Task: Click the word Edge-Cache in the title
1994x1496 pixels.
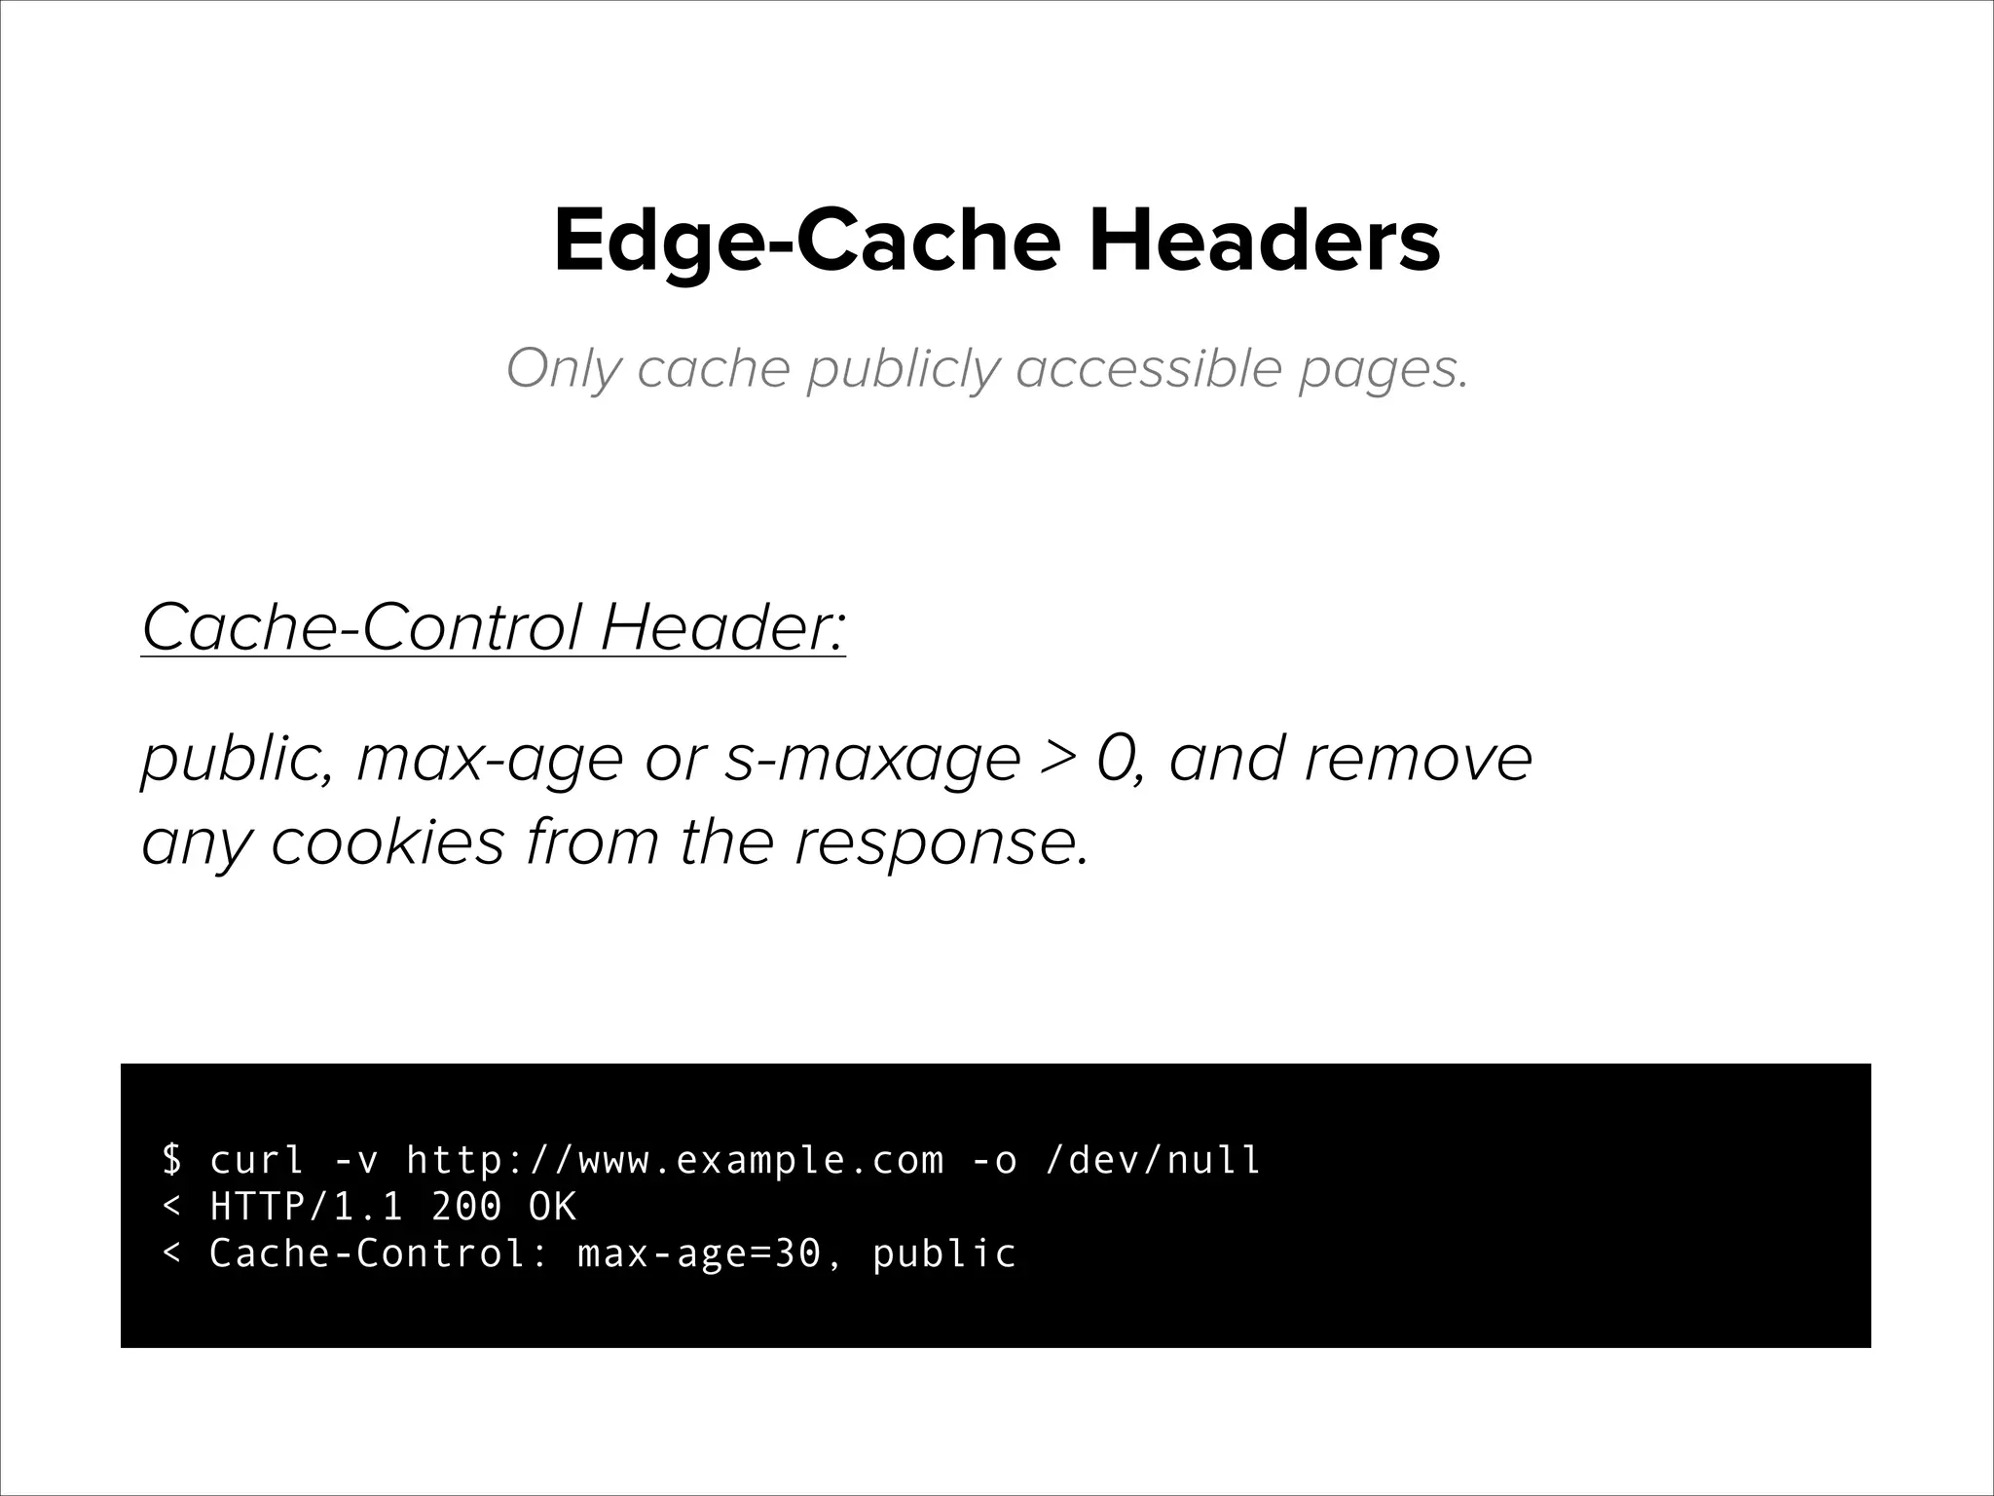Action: (x=806, y=242)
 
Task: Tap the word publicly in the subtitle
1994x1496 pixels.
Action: (x=903, y=370)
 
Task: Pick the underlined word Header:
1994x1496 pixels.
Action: (x=722, y=627)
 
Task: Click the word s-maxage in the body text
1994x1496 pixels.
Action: (x=872, y=759)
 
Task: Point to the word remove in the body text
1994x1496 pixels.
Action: (x=1418, y=759)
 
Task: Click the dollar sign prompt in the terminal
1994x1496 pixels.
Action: (x=172, y=1160)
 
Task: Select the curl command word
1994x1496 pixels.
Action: (x=258, y=1160)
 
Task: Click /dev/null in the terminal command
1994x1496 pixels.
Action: (x=1152, y=1160)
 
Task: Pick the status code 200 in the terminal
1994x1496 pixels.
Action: (x=467, y=1207)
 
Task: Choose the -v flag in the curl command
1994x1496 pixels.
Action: (x=356, y=1160)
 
